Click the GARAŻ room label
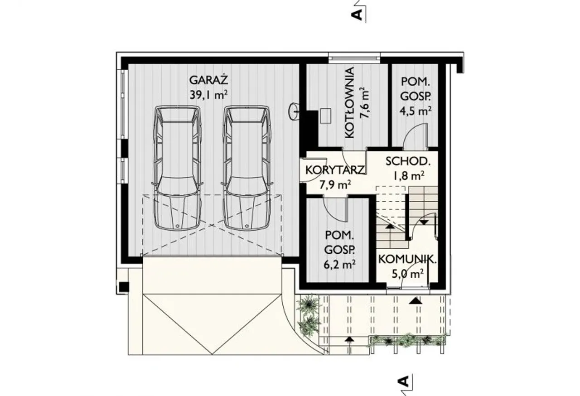[209, 80]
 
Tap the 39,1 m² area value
[209, 95]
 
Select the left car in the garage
[177, 168]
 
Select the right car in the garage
[247, 168]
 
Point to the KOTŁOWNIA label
[349, 103]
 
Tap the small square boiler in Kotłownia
[325, 116]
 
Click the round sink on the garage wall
[294, 111]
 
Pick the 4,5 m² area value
[416, 111]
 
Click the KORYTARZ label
[335, 170]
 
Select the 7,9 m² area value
[335, 185]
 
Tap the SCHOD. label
[408, 161]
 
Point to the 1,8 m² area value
[409, 176]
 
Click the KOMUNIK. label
[407, 259]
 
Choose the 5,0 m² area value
[407, 274]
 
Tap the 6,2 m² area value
[339, 265]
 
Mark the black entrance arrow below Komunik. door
[416, 300]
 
